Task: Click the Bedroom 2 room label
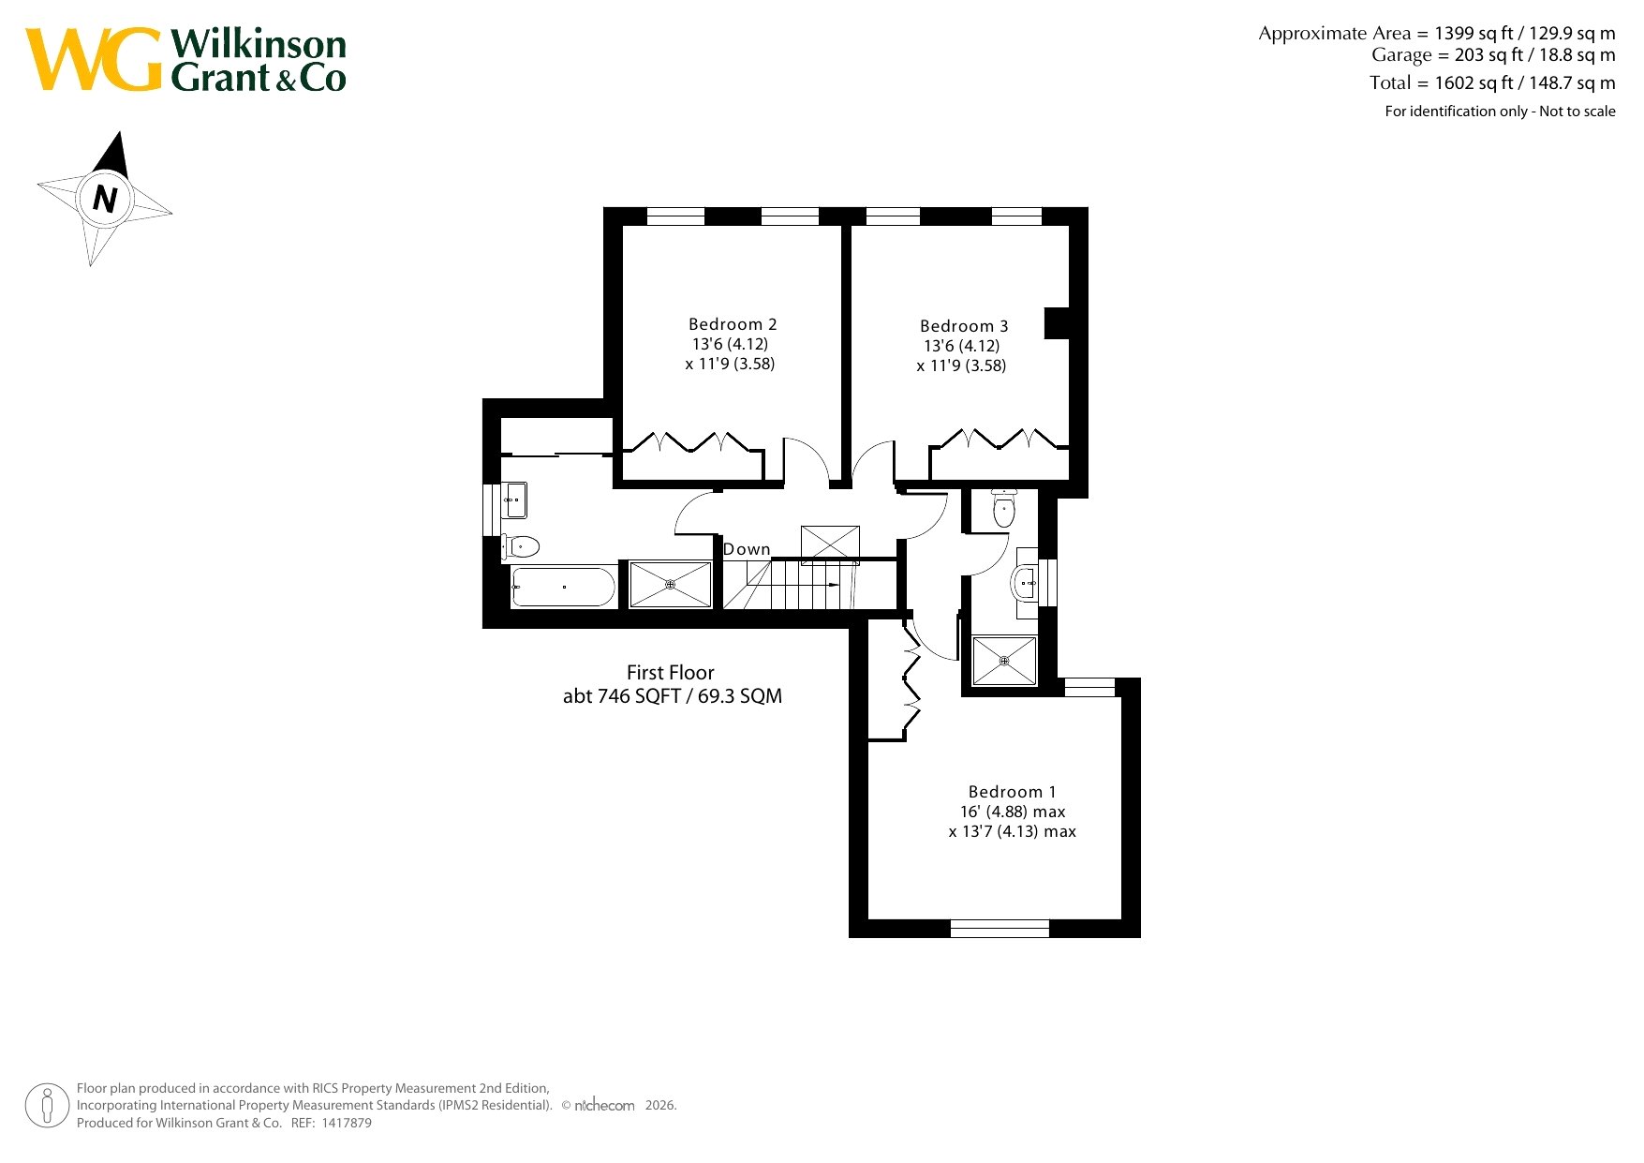733,324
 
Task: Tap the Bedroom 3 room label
964,326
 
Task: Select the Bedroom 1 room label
1013,792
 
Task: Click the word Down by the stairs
747,549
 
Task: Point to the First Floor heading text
671,673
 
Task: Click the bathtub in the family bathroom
563,588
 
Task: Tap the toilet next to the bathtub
521,546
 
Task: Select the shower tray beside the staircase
671,584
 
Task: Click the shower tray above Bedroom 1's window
1004,661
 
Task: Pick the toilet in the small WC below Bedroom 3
1004,508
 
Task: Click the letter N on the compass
105,200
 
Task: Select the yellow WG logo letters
94,59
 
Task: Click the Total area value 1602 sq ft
1474,82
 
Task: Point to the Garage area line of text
1493,55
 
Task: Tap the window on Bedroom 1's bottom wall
1000,929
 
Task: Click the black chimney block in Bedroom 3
1057,322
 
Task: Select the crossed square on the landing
830,545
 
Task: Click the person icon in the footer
47,1106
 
